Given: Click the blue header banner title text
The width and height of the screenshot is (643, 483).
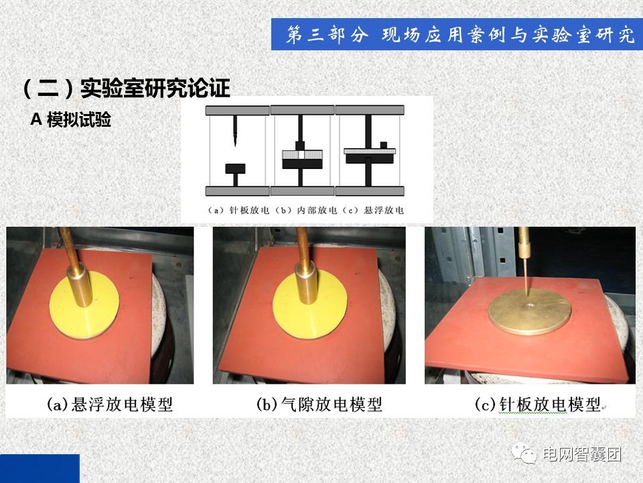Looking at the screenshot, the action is tap(460, 34).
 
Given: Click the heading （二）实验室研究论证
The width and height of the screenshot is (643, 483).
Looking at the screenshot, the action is tap(127, 88).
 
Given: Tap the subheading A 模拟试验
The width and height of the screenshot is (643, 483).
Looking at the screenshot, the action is tap(71, 119).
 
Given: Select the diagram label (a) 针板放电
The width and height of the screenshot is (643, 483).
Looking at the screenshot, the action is tap(238, 210).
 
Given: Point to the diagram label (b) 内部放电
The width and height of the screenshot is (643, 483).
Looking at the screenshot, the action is tap(306, 210).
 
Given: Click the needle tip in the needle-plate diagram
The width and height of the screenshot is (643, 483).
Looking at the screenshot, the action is tap(235, 144).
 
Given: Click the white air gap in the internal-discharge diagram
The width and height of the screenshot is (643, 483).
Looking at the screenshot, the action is tap(302, 155).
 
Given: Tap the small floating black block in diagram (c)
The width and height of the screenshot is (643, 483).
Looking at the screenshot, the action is tap(384, 145).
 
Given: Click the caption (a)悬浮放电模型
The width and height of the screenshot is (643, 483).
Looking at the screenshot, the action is tap(110, 405).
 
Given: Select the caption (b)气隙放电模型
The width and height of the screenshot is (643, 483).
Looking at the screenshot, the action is tap(319, 405).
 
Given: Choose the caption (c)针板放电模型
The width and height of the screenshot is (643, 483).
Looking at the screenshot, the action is tap(538, 405).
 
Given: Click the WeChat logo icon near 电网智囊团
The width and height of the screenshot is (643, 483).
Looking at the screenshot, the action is tap(524, 453).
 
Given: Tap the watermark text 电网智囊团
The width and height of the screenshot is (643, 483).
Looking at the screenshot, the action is tap(582, 454).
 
